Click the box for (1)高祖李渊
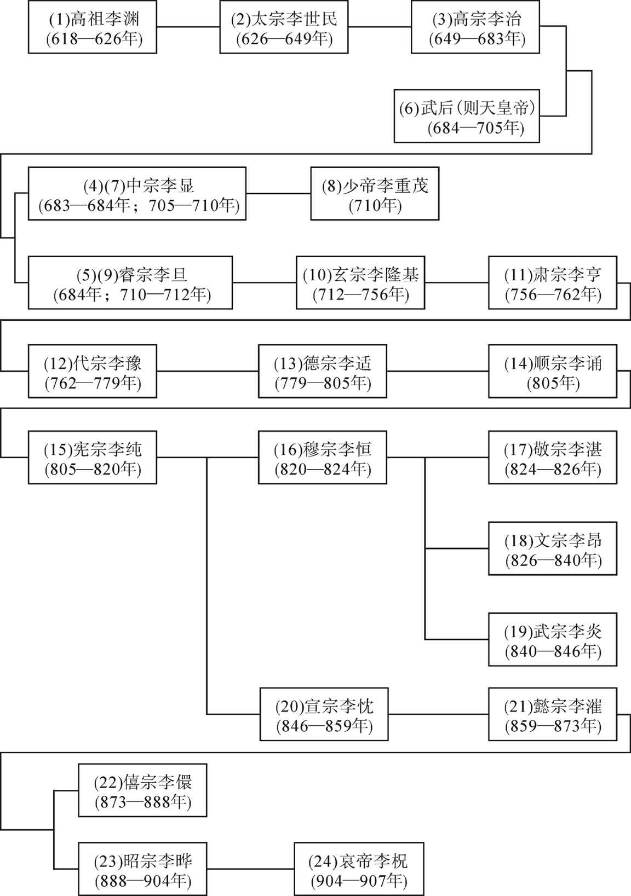click(x=92, y=27)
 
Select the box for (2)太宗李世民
click(x=284, y=27)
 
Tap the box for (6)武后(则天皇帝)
click(x=467, y=116)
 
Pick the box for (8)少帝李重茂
click(x=375, y=194)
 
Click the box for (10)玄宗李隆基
click(x=360, y=283)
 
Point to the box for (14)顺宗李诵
click(x=553, y=371)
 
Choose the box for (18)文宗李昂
click(x=553, y=548)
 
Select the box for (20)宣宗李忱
click(x=324, y=714)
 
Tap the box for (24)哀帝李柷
click(x=359, y=869)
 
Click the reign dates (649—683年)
click(x=477, y=39)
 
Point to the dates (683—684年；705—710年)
click(x=139, y=206)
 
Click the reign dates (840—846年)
click(x=553, y=651)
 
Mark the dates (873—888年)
click(x=143, y=802)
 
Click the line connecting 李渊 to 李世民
click(x=188, y=27)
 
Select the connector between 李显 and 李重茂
click(x=278, y=194)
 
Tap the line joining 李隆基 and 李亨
click(x=456, y=283)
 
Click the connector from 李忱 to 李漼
click(x=438, y=714)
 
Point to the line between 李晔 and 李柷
click(x=251, y=869)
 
